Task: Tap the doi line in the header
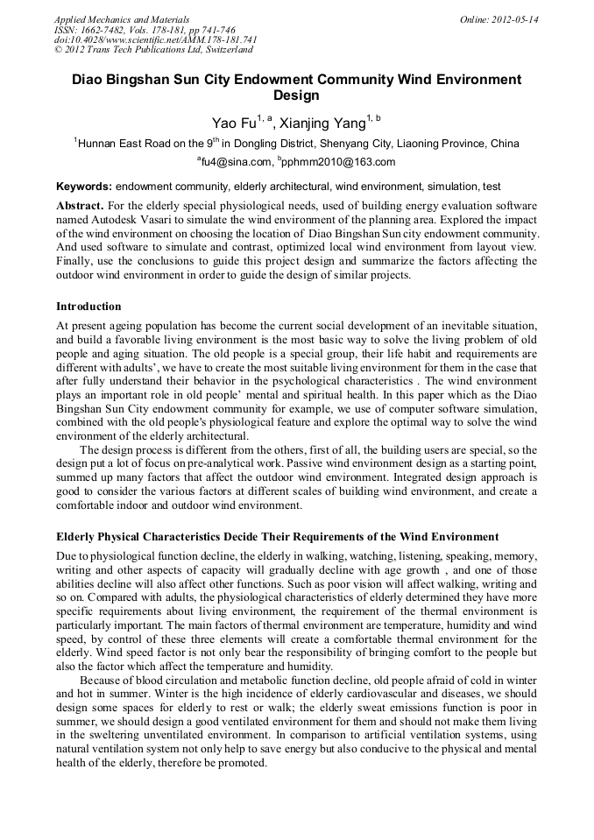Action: [x=155, y=39]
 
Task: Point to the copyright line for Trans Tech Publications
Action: [x=153, y=50]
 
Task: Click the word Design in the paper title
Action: [x=296, y=95]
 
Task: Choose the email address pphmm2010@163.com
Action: [x=327, y=162]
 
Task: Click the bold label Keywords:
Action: [x=84, y=187]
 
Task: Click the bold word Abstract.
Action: [x=80, y=204]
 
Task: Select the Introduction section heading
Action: [x=88, y=307]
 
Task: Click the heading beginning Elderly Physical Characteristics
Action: [x=278, y=536]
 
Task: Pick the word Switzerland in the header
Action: [x=227, y=50]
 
